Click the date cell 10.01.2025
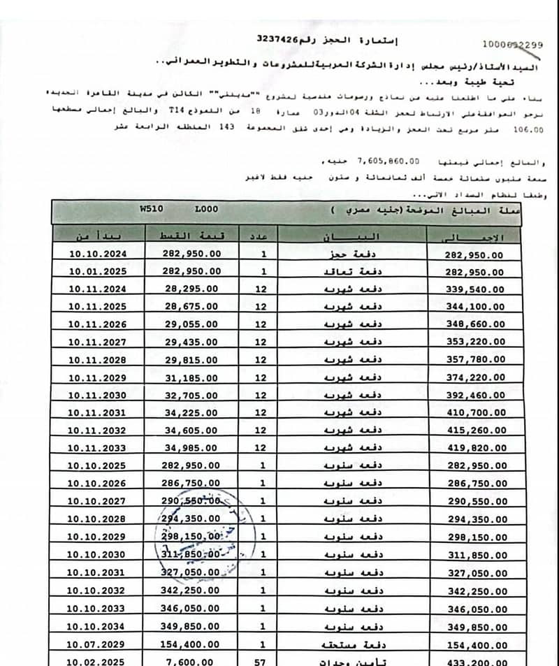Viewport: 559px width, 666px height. click(x=97, y=271)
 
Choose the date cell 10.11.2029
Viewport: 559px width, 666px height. click(x=97, y=377)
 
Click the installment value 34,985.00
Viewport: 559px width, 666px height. click(x=191, y=447)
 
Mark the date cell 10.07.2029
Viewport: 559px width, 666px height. click(x=97, y=643)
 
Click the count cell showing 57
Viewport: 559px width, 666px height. click(x=260, y=660)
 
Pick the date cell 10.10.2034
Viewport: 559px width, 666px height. click(x=97, y=625)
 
